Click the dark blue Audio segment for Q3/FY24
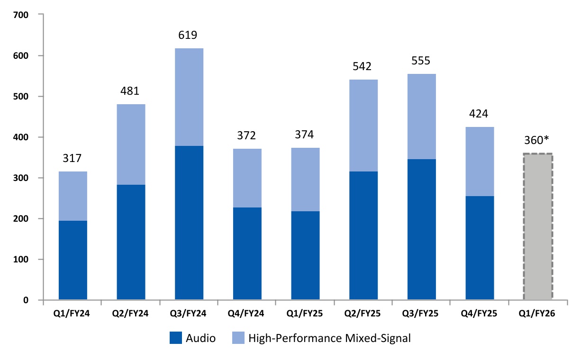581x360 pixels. tap(189, 223)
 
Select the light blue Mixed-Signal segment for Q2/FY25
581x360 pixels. tap(363, 126)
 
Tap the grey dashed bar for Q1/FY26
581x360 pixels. tap(538, 226)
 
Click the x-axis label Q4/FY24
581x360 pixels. tap(247, 314)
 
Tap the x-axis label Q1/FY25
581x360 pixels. tap(305, 314)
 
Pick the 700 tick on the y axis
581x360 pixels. tap(22, 15)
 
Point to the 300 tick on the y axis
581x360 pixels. tap(22, 178)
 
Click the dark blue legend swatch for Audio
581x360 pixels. tap(175, 338)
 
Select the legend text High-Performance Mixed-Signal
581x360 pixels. tap(329, 338)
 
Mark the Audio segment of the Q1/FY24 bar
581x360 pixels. tap(73, 260)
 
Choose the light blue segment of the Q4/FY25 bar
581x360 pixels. tap(480, 161)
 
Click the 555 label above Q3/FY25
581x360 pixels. tap(421, 62)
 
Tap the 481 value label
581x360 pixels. tap(131, 91)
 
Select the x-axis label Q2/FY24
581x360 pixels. tap(131, 314)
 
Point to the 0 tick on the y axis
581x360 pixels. tap(26, 300)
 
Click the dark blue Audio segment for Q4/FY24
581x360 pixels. tap(247, 253)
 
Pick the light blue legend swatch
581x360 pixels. tap(238, 338)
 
